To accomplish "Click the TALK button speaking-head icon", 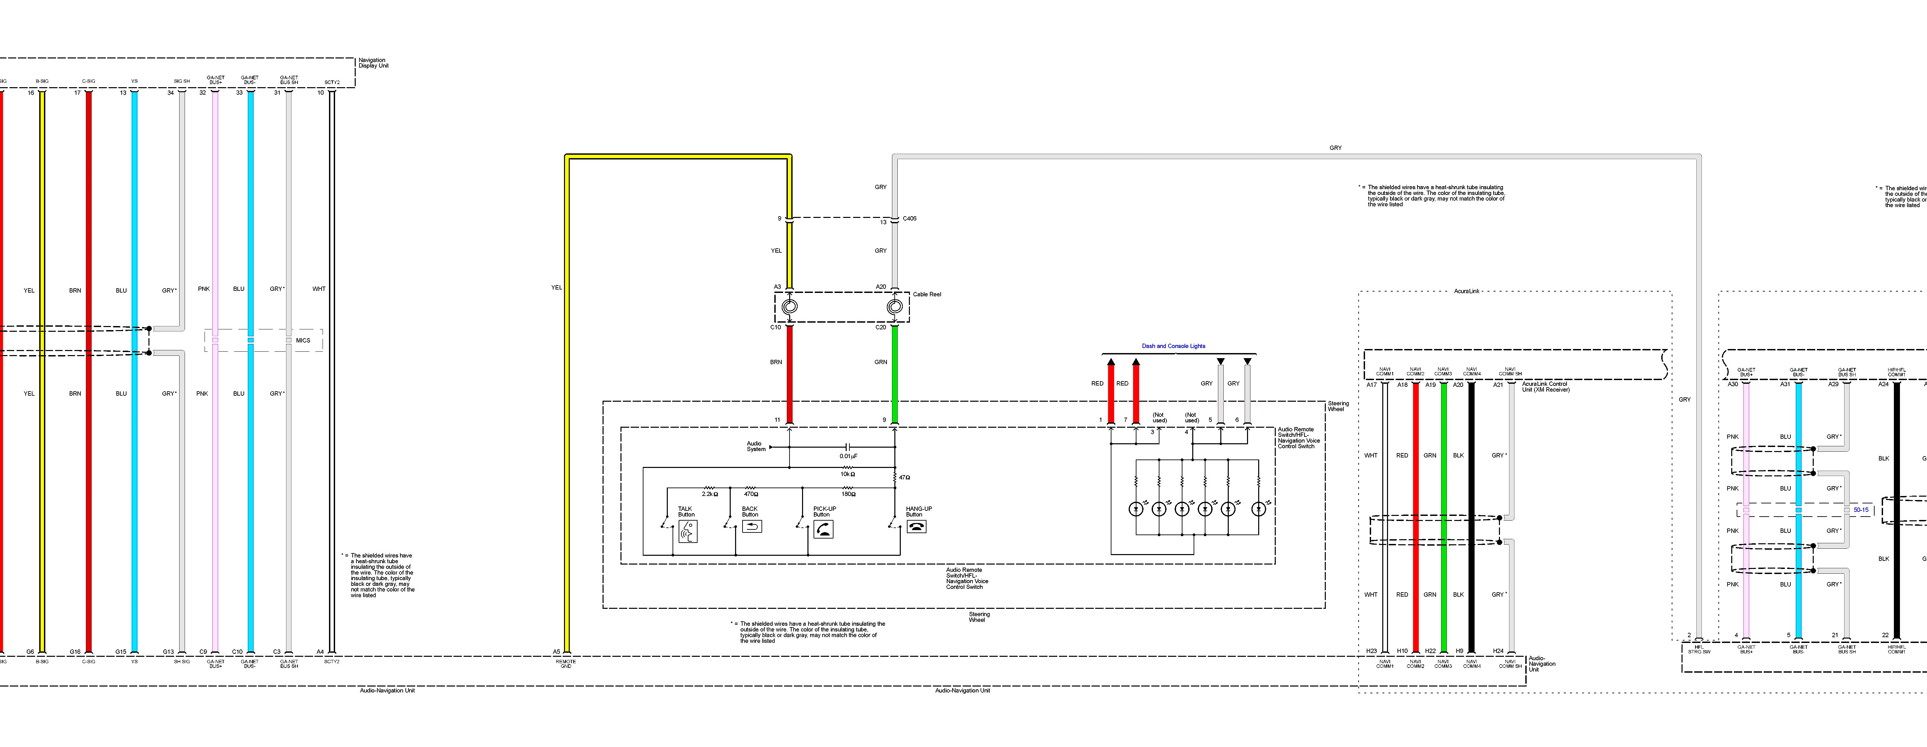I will click(x=687, y=532).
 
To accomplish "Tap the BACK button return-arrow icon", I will click(x=751, y=527).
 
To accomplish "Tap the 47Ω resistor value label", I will click(x=904, y=477).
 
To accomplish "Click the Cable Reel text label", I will click(x=927, y=295).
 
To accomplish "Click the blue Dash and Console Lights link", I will click(x=1173, y=346).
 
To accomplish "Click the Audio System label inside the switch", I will click(x=755, y=446).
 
